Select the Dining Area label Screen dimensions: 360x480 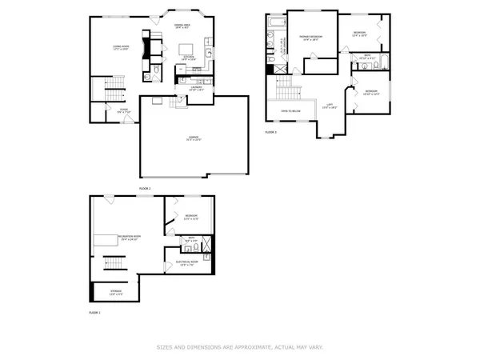pos(182,26)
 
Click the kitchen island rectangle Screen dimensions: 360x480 pos(185,46)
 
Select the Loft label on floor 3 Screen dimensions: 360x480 pos(329,106)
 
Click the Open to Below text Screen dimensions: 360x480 pos(289,110)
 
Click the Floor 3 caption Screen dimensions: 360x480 pos(270,132)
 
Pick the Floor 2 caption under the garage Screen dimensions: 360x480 pos(145,187)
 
